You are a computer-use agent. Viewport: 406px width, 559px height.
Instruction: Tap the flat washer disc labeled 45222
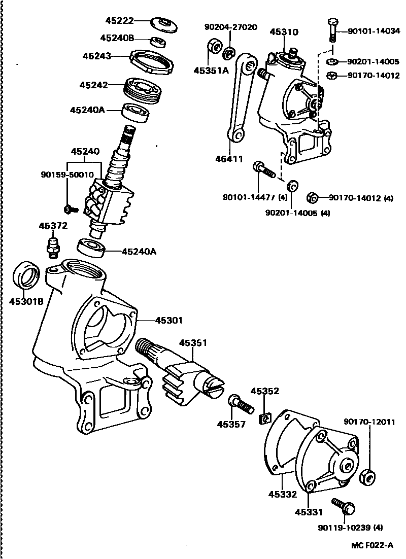(165, 24)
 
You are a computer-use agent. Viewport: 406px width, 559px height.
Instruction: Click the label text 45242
(93, 85)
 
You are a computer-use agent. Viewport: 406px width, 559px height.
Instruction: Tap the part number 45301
(169, 320)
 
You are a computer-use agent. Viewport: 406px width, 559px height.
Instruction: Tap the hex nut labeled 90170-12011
(367, 477)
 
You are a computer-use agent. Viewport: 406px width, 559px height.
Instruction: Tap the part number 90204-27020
(230, 27)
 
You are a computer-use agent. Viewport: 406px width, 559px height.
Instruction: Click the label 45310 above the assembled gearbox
(284, 31)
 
